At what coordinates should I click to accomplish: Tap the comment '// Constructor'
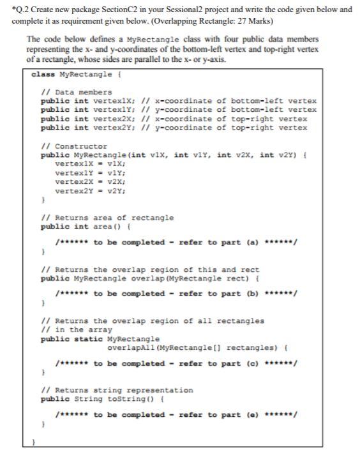pos(74,146)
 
